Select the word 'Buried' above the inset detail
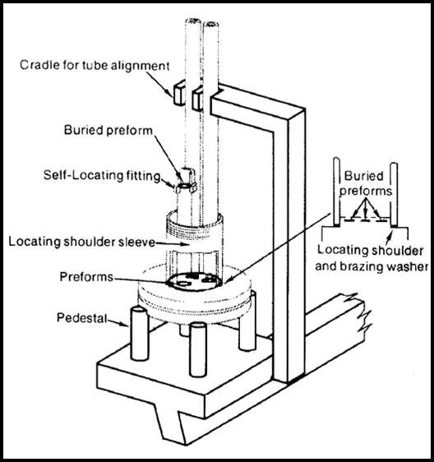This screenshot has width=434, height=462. [x=362, y=175]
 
